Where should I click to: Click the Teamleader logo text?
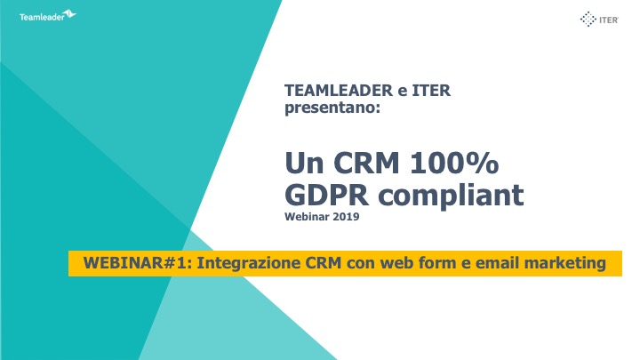[42, 17]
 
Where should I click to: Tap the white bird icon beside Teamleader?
[70, 14]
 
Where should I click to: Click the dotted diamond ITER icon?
[588, 20]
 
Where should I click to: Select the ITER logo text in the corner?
[609, 20]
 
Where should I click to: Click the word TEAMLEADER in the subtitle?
[339, 91]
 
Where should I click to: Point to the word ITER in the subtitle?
[431, 91]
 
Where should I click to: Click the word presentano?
[332, 108]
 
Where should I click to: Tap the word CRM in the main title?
[366, 163]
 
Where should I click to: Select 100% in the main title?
[454, 163]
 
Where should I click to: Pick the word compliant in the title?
[451, 196]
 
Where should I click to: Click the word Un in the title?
[304, 163]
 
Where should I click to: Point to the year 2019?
[346, 217]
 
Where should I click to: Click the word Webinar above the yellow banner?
[307, 217]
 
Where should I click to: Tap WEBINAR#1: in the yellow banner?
[138, 263]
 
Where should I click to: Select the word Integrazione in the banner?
[249, 264]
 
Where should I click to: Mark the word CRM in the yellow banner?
[324, 263]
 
